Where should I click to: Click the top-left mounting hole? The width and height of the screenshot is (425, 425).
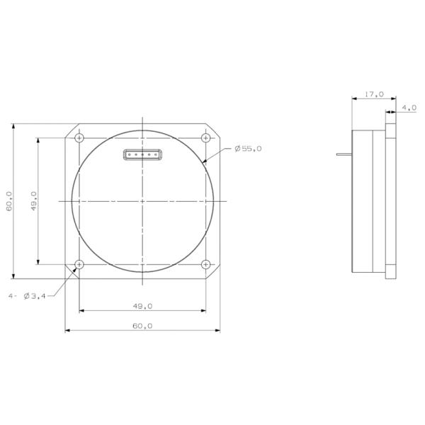point(79,137)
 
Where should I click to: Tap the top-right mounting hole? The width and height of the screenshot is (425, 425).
point(205,137)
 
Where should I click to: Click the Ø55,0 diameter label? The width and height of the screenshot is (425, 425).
point(248,149)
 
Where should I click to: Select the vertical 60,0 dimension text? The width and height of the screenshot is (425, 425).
point(8,200)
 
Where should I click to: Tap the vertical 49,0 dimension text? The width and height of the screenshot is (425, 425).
point(33,200)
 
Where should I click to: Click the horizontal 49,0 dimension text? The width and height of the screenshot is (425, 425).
point(142,306)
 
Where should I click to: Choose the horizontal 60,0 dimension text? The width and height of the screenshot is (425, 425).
point(142,326)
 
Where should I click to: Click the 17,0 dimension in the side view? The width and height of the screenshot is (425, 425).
point(374,93)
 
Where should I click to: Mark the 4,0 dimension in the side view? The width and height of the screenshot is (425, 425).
point(409,108)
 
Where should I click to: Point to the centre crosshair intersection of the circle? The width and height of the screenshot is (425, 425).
point(142,201)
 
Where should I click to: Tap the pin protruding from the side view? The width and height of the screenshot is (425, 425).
point(344,154)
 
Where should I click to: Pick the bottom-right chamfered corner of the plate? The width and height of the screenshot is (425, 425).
point(214,273)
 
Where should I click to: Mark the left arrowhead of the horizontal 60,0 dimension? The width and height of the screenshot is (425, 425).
point(67,330)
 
